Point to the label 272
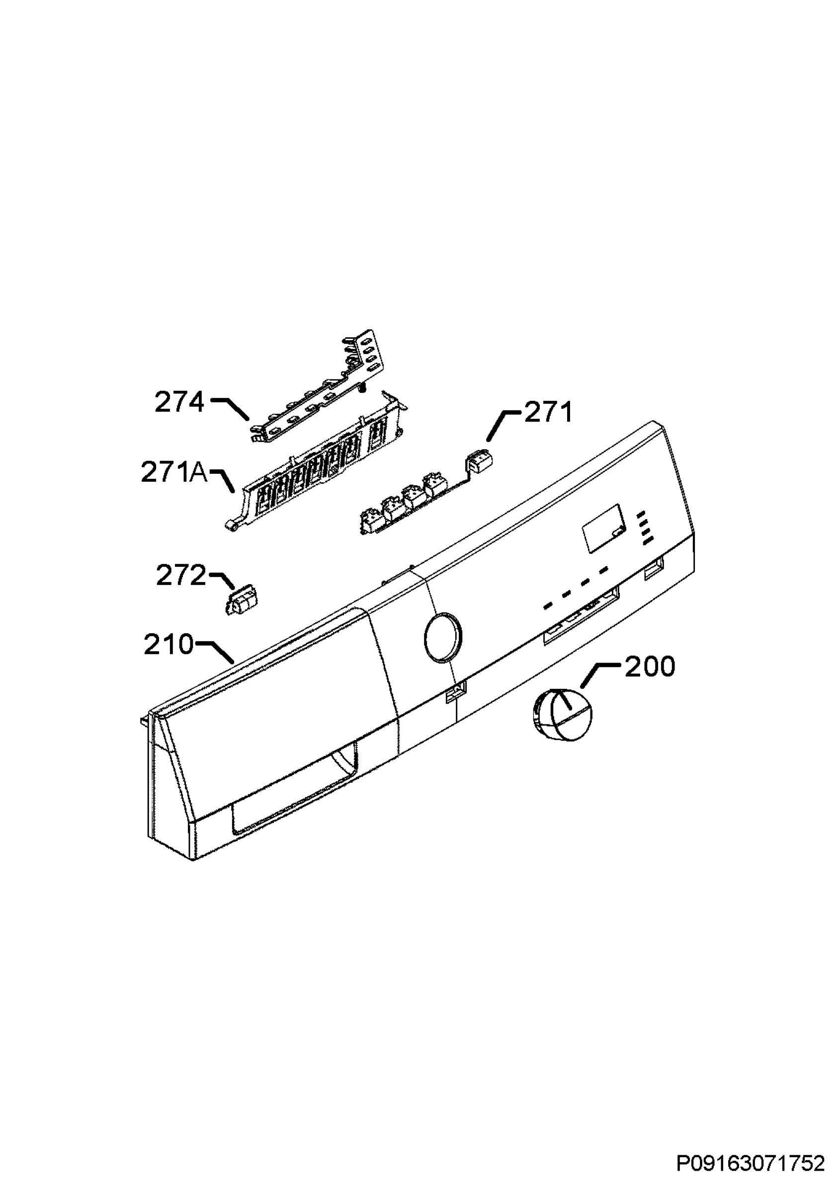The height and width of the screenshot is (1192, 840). [181, 576]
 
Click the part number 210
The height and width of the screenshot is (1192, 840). [169, 645]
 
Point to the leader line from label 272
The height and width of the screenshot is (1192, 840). [222, 582]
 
